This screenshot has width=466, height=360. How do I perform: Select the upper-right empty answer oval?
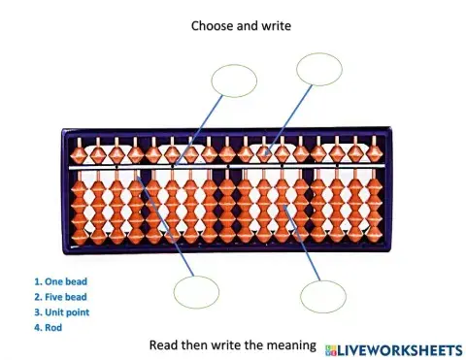(319, 69)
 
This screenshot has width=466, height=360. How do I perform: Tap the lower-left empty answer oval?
(196, 291)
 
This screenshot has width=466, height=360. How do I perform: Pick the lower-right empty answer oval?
(323, 296)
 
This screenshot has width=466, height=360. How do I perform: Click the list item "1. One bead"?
(60, 282)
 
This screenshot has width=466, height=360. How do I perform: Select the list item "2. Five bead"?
(61, 297)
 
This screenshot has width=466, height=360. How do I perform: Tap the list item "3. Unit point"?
(63, 311)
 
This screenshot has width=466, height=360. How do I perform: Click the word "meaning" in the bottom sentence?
(290, 344)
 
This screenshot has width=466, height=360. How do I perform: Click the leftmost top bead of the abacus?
(80, 151)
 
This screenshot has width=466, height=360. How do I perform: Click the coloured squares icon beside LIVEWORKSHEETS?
(330, 346)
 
